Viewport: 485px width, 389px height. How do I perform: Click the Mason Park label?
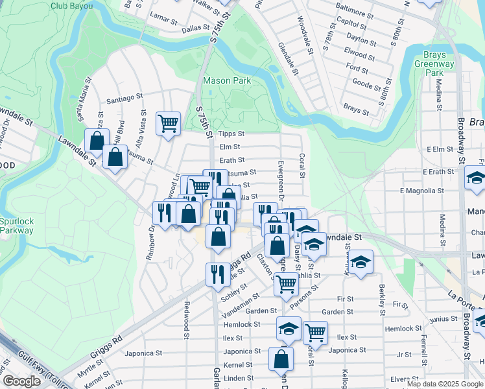pos(226,81)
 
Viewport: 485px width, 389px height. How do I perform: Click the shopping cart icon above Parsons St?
pos(286,283)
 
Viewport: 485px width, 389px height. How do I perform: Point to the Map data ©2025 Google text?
pos(444,384)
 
